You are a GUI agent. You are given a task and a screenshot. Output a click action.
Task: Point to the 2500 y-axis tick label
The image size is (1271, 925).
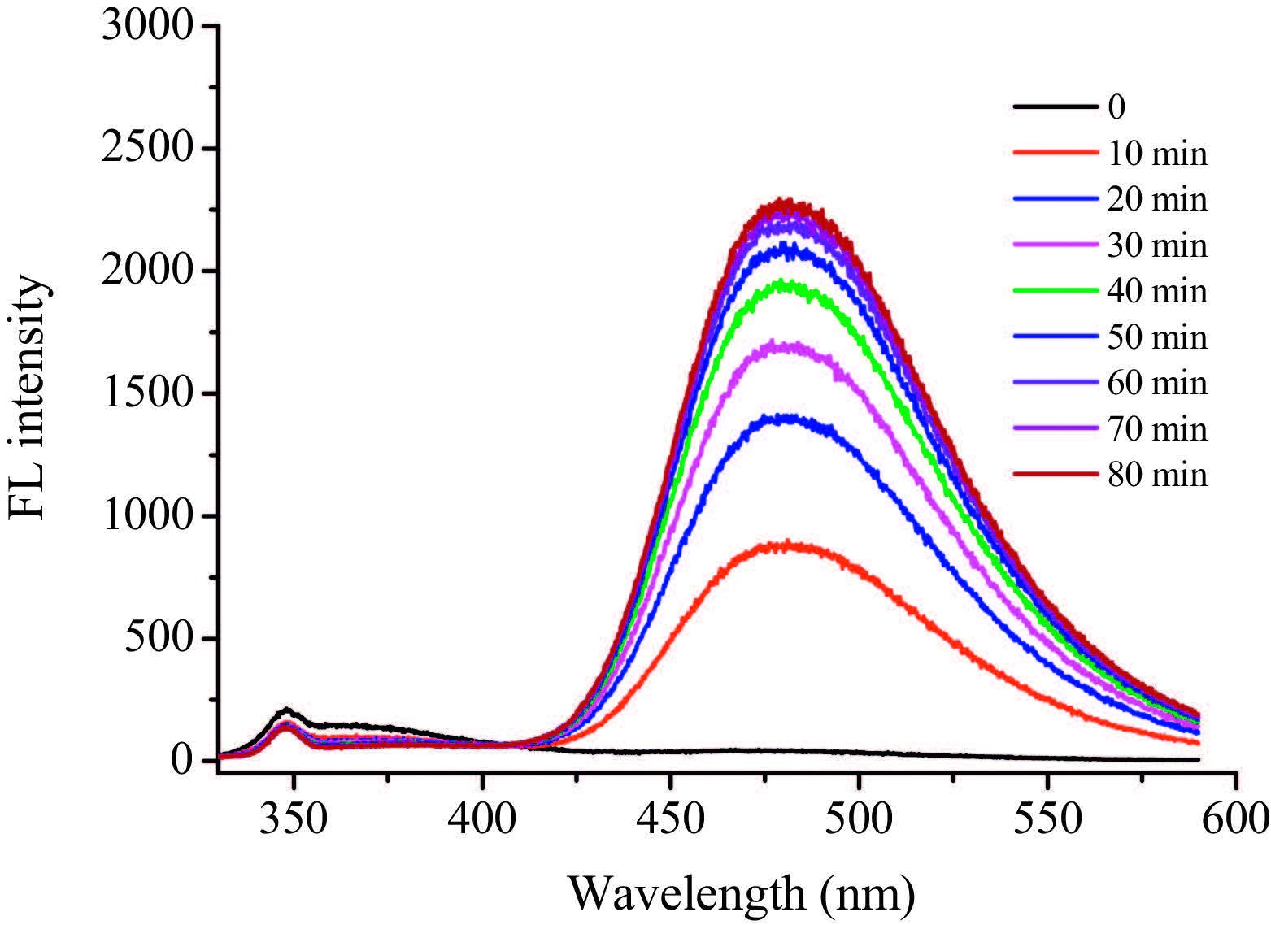[149, 149]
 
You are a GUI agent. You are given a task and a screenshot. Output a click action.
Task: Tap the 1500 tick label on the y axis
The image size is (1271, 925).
[149, 394]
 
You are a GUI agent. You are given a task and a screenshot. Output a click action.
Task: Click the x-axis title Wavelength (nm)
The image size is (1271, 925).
[741, 894]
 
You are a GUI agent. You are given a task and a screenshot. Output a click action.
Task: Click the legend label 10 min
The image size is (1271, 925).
[1157, 154]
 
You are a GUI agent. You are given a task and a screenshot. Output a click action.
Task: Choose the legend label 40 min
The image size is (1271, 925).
[1157, 291]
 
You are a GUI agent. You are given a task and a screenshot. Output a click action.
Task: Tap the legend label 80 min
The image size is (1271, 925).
[1157, 475]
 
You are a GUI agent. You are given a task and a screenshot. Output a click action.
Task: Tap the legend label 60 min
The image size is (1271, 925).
[1157, 383]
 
